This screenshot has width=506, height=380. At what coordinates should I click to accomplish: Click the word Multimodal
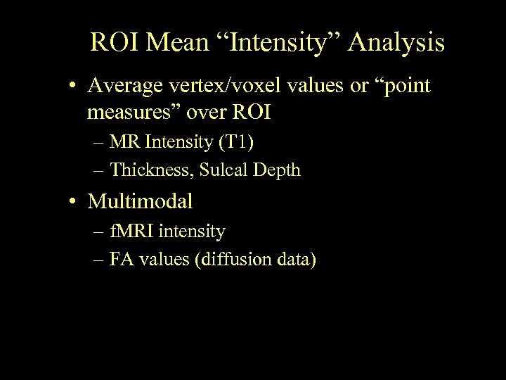[140, 202]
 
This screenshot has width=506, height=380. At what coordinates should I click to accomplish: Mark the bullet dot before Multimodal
[74, 203]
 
